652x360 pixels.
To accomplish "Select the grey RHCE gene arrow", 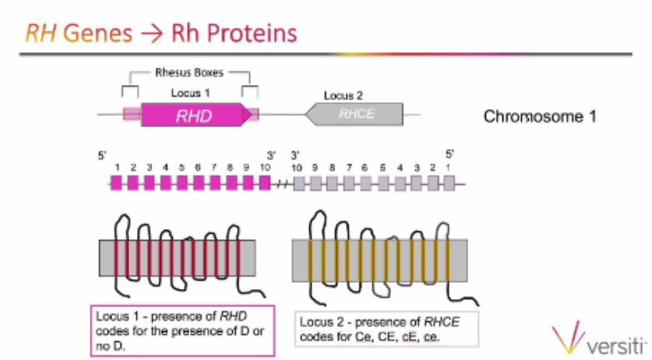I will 355,115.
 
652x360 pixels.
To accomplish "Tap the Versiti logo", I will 599,339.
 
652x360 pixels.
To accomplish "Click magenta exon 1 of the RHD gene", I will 116,184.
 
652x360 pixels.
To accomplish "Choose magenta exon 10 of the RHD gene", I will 264,184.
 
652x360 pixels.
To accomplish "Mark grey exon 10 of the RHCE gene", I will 297,184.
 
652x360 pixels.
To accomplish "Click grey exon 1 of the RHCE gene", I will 448,184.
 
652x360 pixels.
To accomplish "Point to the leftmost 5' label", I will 102,155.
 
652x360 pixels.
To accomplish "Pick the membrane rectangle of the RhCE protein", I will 379,259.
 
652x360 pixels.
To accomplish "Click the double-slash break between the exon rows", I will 280,185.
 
